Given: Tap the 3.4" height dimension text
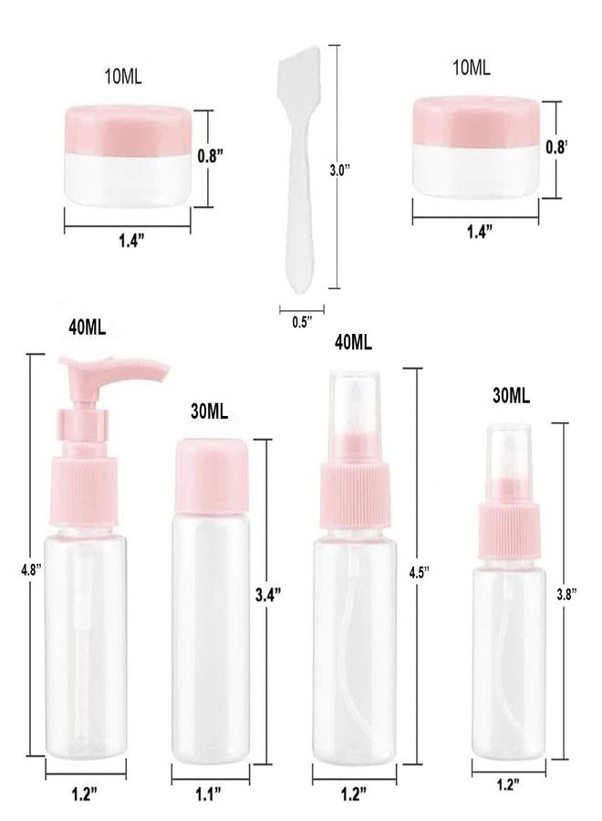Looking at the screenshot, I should point(265,594).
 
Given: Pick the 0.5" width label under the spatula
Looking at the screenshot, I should point(302,320).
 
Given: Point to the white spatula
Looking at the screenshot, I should point(297,164).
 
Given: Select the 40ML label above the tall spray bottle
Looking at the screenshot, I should point(354,342).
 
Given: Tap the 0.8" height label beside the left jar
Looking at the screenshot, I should point(211,155).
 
